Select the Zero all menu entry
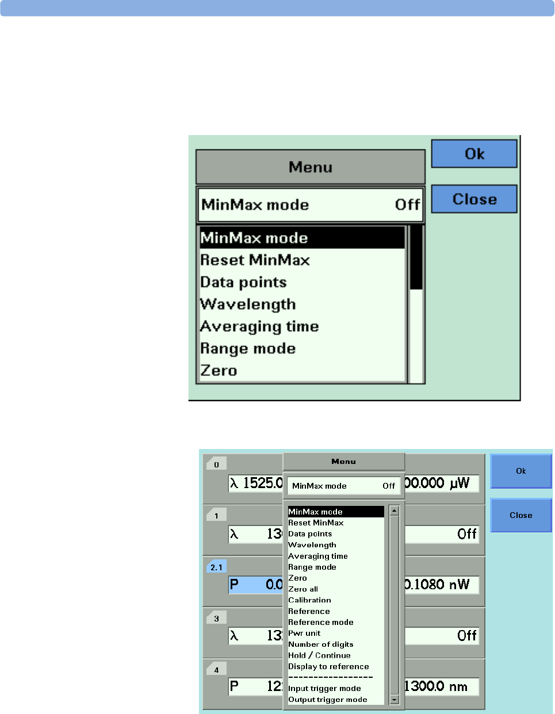(303, 589)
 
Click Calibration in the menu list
(309, 600)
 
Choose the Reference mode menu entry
(321, 622)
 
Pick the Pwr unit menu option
(304, 633)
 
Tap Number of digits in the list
(321, 644)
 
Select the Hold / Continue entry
(319, 655)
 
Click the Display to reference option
(328, 666)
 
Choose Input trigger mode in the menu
(324, 689)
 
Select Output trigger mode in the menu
(328, 700)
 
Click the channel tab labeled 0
(216, 465)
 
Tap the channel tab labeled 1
(216, 516)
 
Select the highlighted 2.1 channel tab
(216, 567)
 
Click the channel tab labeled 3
(216, 619)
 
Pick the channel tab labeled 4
(216, 670)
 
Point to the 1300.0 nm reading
(437, 686)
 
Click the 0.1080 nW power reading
(438, 585)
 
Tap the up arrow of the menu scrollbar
(394, 510)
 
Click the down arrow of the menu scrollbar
(394, 700)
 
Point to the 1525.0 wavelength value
(262, 483)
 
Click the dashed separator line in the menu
(330, 677)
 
